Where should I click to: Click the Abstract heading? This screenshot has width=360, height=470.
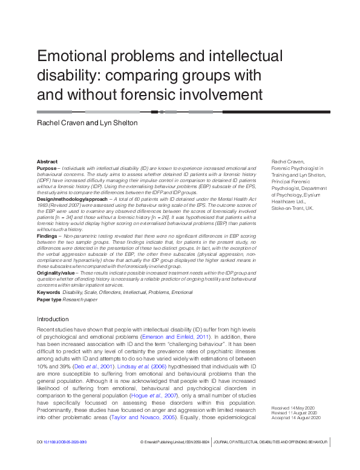[x=47, y=162]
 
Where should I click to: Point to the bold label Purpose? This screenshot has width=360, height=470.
[x=47, y=168]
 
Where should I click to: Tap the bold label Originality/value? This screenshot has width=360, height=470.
[x=56, y=273]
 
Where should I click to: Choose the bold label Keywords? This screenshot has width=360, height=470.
[x=48, y=292]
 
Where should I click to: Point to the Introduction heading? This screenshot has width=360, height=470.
[x=53, y=319]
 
